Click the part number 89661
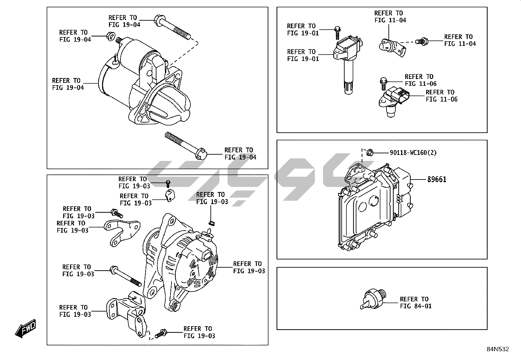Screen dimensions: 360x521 point(437,179)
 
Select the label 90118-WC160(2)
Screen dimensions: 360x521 point(413,153)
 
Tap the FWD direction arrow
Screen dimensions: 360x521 point(26,328)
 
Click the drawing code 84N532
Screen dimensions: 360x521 point(497,349)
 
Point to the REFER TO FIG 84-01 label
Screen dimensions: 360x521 point(415,302)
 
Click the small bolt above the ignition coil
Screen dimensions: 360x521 point(337,33)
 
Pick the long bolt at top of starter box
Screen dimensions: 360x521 point(173,28)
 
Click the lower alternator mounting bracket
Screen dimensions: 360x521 point(128,313)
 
